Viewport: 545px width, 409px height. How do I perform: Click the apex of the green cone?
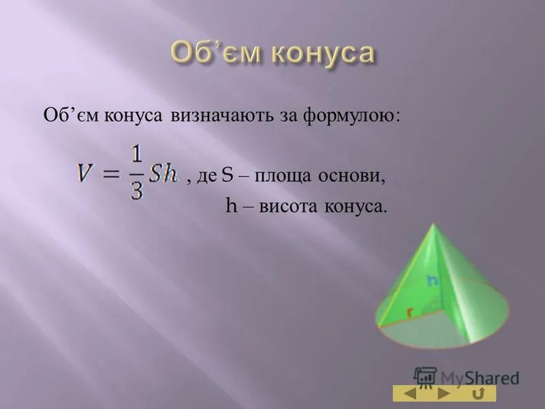(x=436, y=224)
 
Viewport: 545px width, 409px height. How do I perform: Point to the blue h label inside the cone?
(x=431, y=279)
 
